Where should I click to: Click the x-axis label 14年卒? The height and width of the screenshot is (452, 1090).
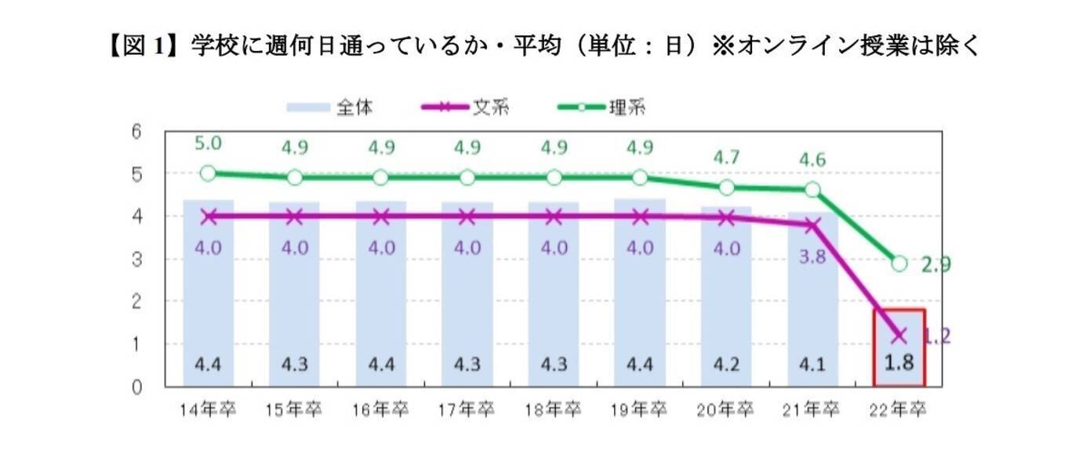(208, 410)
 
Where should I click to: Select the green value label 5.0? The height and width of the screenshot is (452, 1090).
(208, 144)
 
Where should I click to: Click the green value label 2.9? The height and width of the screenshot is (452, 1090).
(935, 265)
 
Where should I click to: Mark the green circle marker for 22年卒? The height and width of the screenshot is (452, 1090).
(899, 264)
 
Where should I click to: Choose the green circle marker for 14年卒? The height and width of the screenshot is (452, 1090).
(208, 173)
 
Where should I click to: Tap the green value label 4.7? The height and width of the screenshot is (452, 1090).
(726, 157)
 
